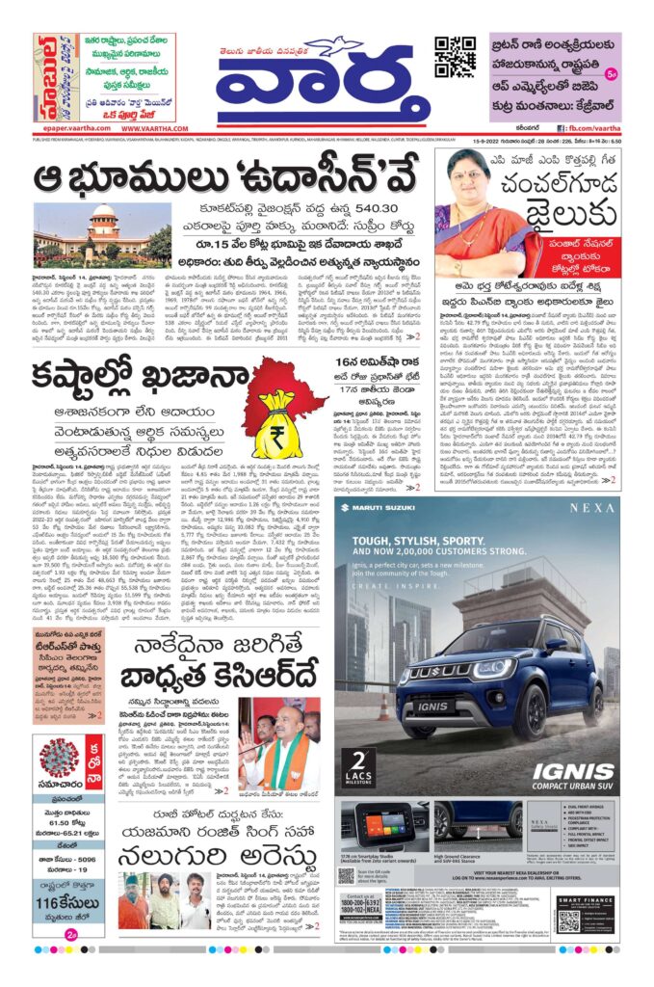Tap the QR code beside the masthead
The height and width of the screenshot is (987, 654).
pos(455,58)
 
